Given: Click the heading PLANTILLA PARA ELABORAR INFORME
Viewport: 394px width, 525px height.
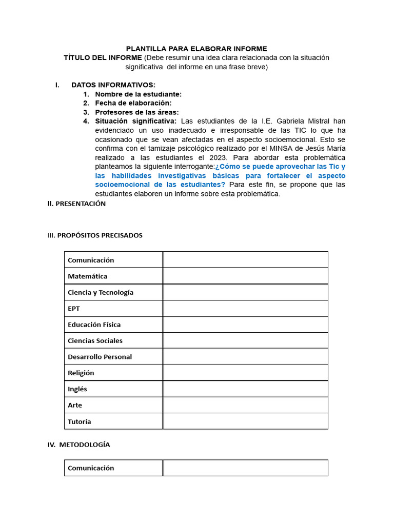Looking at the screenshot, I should click(196, 49).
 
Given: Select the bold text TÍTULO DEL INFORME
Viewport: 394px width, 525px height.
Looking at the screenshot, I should click(103, 57).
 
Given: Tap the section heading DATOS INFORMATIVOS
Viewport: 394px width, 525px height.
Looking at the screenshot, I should click(113, 85).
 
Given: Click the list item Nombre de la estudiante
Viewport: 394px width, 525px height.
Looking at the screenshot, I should click(138, 94).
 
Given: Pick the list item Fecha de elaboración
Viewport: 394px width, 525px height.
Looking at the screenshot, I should click(133, 103).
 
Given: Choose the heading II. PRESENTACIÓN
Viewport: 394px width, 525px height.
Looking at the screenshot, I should click(76, 204).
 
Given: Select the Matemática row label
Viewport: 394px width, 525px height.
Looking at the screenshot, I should click(88, 276).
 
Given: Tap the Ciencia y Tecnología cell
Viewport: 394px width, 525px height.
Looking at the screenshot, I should click(101, 292).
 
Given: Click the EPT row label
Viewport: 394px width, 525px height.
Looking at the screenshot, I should click(74, 309).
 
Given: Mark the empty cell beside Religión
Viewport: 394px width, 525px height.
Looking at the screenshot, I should click(245, 373).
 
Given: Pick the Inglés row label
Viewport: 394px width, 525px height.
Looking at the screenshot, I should click(77, 389).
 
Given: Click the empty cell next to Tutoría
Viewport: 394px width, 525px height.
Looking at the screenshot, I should click(245, 421).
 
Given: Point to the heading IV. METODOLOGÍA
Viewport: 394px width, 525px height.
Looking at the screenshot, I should click(78, 445).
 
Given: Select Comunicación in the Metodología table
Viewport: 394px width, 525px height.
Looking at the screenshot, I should click(91, 468).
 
